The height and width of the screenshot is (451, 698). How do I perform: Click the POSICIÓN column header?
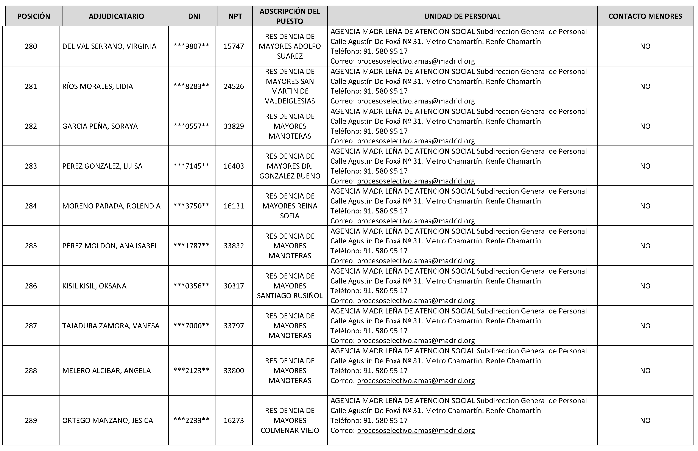click(x=34, y=16)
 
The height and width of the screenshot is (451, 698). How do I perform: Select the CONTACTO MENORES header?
click(x=645, y=16)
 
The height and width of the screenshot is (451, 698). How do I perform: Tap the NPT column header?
click(x=235, y=16)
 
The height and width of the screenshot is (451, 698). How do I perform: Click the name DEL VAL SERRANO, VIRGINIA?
click(x=109, y=46)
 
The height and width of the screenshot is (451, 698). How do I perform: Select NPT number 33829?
click(x=234, y=126)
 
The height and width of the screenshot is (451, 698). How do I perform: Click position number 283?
click(x=31, y=166)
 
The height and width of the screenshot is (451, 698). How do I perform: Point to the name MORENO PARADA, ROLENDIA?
click(x=111, y=206)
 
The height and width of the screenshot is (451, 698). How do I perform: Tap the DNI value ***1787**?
click(x=191, y=246)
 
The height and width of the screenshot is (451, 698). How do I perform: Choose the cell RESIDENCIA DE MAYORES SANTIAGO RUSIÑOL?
click(x=290, y=286)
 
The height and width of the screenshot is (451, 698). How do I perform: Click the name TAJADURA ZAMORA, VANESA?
click(x=111, y=326)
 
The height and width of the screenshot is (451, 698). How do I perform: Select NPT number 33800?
click(x=234, y=370)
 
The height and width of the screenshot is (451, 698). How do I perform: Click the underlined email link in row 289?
click(x=416, y=430)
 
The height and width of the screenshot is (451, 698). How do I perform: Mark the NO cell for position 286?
click(x=645, y=286)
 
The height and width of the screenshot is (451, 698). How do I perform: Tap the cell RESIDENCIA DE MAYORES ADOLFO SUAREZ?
click(x=290, y=46)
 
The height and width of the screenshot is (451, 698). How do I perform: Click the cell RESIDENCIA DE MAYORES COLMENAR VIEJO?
click(x=290, y=420)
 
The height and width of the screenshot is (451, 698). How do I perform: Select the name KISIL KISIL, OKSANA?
click(x=94, y=286)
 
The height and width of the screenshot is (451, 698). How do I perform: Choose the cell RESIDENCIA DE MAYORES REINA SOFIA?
click(x=290, y=206)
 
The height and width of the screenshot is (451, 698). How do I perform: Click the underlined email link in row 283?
click(x=416, y=181)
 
